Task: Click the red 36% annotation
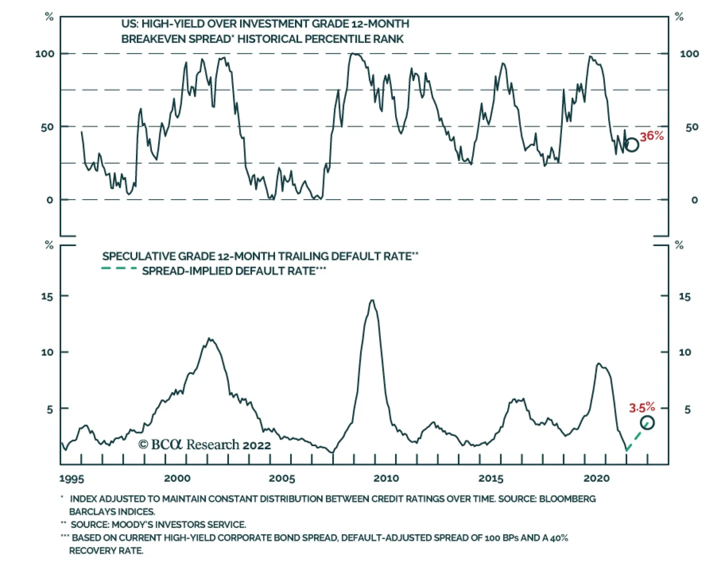652,136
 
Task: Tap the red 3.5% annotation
642,407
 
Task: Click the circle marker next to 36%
632,145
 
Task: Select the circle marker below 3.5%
648,423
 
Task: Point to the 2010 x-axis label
386,478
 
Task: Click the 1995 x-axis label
72,479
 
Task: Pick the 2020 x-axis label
596,478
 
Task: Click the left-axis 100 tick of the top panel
45,54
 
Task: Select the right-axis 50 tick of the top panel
691,127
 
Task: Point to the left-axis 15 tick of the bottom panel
47,296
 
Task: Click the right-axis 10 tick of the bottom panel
685,352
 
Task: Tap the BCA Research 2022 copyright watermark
204,445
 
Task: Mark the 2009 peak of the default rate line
372,300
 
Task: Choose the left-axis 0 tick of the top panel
50,200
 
